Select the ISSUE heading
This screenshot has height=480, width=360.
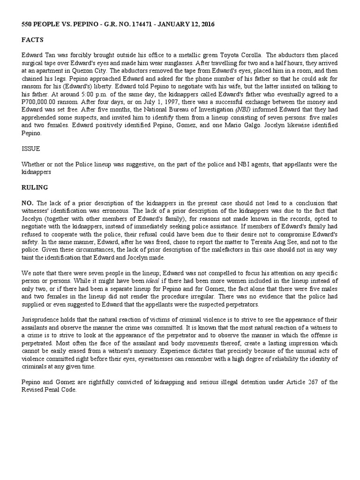coord(30,149)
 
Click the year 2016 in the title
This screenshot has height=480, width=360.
coord(206,24)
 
